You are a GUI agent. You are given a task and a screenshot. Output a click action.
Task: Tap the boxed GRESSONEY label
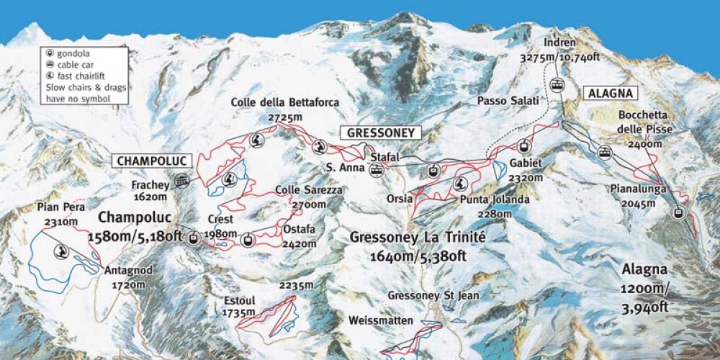pos(381,132)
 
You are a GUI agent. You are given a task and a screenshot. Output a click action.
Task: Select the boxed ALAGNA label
pos(610,93)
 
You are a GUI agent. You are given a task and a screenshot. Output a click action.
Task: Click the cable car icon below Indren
pos(557,84)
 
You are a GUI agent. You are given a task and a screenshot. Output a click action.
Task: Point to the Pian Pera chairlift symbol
pos(61,251)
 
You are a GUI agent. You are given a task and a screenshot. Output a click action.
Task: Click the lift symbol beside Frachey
pos(182,181)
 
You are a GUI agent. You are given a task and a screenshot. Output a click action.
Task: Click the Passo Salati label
pos(508,102)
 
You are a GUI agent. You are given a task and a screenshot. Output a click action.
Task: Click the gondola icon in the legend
pos(50,53)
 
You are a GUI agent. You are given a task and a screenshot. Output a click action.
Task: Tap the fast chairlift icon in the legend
pos(50,76)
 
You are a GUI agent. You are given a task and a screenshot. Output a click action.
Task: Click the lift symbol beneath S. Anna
pos(376,171)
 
